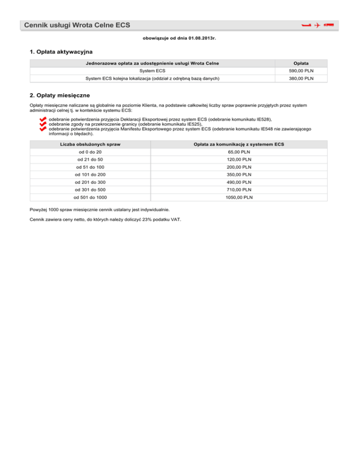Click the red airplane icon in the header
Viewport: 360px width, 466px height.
click(x=317, y=25)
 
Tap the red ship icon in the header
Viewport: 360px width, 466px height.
click(x=307, y=25)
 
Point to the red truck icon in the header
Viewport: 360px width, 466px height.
click(x=328, y=25)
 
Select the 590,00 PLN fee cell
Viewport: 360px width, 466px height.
click(x=301, y=70)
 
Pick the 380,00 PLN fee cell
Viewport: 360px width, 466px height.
click(x=301, y=78)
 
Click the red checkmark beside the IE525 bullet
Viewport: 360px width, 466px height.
click(x=44, y=124)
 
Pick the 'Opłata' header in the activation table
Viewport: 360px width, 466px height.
click(x=301, y=63)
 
